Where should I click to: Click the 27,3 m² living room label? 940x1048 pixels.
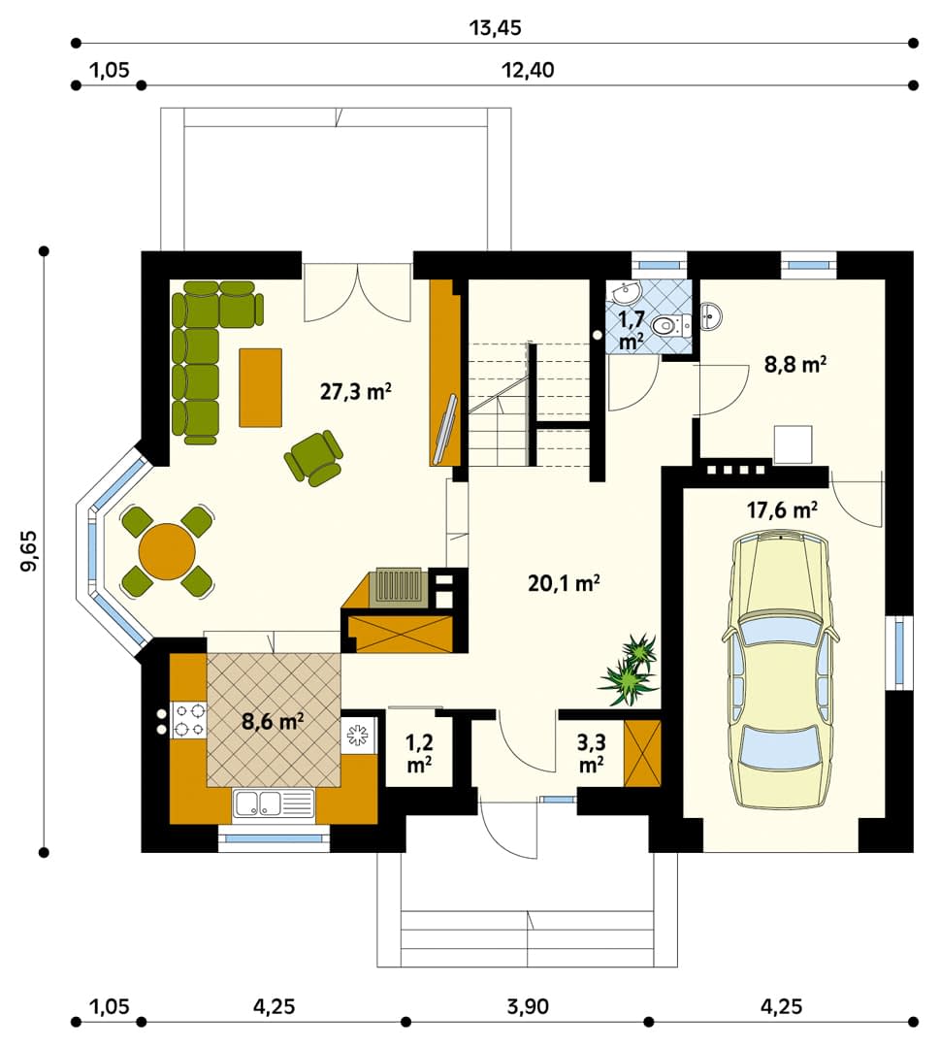(355, 390)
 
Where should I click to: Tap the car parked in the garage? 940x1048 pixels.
(780, 669)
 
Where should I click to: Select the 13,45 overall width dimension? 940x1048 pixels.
(495, 28)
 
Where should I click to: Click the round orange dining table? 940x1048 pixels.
(167, 551)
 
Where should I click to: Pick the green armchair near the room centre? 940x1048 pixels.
(314, 458)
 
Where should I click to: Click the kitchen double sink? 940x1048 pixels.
(273, 803)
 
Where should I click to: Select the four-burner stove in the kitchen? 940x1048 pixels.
(189, 719)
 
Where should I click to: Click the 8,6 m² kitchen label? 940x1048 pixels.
(273, 721)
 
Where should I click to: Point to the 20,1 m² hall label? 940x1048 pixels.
(564, 583)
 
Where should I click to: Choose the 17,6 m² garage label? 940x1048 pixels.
(782, 510)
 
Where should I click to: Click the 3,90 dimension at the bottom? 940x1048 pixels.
(528, 1006)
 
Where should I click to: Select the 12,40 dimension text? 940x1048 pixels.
(528, 70)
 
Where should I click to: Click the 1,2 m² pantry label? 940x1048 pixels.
(419, 753)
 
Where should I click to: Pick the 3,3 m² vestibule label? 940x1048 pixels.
(591, 753)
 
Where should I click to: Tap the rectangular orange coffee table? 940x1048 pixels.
(261, 387)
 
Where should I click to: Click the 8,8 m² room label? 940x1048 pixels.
(795, 365)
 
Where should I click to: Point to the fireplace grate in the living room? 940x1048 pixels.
(400, 586)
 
